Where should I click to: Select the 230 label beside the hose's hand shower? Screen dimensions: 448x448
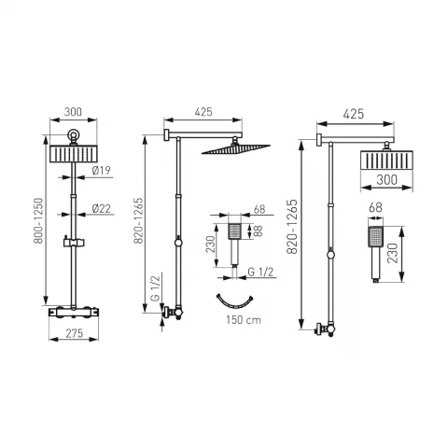click(x=212, y=244)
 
